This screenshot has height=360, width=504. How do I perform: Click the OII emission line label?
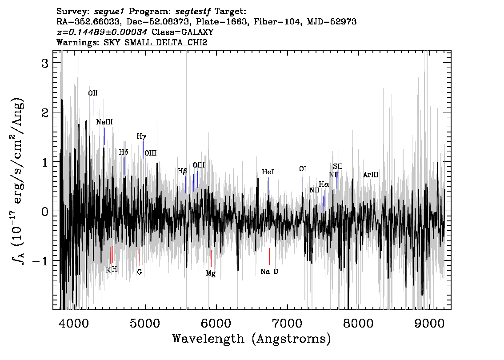tap(93, 93)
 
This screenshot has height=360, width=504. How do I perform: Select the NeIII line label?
tap(104, 122)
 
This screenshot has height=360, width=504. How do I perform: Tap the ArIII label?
tap(371, 175)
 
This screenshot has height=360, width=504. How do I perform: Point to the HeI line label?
tap(268, 172)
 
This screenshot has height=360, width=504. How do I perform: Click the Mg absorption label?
tap(211, 273)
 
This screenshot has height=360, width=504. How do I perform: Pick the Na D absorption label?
tap(269, 272)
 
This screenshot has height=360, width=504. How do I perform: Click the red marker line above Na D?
tap(270, 256)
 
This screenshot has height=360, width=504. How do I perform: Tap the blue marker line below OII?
tap(93, 108)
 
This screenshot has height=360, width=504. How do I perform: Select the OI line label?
tap(303, 169)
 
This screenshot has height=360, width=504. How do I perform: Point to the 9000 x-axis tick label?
tap(429, 324)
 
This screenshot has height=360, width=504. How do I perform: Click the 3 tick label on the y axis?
tap(45, 63)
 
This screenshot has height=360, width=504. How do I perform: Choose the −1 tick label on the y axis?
tap(40, 261)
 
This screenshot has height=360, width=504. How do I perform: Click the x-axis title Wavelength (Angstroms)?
tap(252, 339)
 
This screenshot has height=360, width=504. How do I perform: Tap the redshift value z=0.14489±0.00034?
tap(102, 32)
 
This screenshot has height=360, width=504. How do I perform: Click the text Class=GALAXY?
tap(183, 32)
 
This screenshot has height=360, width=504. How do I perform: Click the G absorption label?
tap(140, 272)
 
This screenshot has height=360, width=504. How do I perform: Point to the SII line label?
tap(337, 167)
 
